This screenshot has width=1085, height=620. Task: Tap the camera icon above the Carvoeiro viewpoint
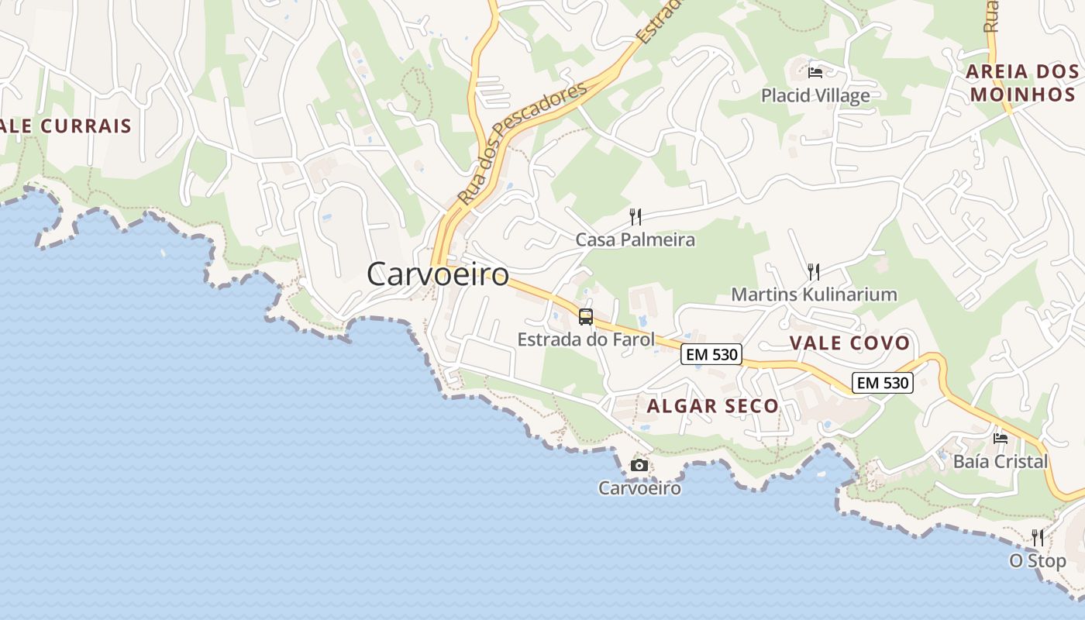[639, 465]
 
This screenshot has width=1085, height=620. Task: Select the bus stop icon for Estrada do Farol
[586, 316]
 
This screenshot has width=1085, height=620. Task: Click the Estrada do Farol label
[586, 339]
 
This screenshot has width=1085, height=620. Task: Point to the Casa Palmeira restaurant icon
[635, 216]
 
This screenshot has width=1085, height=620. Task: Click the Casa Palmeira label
[635, 239]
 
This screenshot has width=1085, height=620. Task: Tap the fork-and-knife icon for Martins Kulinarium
[814, 271]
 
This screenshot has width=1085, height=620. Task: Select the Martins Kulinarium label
[814, 294]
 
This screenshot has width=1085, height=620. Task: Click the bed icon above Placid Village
[815, 73]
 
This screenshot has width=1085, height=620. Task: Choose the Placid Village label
[815, 95]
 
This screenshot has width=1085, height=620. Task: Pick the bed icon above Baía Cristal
[1001, 438]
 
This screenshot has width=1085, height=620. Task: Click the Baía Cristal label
[1000, 461]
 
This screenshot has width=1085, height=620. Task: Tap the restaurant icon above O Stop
[1038, 537]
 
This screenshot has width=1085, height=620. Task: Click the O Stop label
[1038, 560]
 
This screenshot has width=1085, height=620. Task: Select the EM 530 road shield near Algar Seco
[711, 355]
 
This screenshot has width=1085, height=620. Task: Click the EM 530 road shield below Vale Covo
[883, 382]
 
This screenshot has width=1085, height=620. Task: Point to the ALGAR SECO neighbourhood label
[712, 406]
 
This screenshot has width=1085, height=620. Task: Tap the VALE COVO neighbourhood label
[849, 343]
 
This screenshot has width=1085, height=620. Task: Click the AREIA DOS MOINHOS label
[1022, 83]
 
